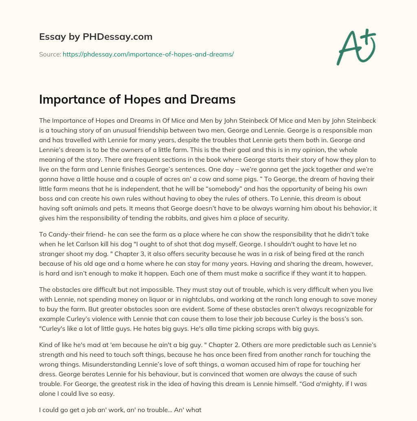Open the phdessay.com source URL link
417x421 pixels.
[148, 54]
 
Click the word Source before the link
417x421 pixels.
[49, 54]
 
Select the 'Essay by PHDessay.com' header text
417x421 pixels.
[96, 37]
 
